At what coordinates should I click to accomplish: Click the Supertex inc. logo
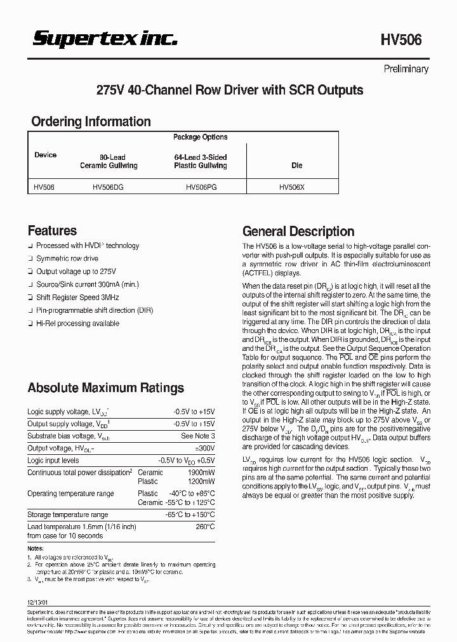coord(105,39)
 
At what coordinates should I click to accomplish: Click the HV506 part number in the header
coord(401,40)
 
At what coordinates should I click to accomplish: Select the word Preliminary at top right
coord(406,69)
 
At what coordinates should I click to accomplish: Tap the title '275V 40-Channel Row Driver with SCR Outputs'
coord(229,90)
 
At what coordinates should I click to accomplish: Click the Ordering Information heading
coord(91,121)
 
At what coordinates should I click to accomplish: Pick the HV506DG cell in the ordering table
coord(109,187)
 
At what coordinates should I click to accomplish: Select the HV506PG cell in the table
coord(200,187)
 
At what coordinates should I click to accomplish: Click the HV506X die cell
coord(293,187)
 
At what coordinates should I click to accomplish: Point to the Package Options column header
coord(200,137)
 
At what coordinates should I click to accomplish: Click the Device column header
coord(45,155)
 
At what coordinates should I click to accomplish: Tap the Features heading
coord(52,231)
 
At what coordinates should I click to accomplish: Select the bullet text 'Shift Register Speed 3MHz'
coord(77,298)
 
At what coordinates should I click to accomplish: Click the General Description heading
coord(298,232)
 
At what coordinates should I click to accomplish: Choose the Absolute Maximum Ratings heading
coord(105,388)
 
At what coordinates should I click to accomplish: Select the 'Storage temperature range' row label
coord(67,514)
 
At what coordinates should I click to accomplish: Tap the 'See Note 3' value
coord(197,436)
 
